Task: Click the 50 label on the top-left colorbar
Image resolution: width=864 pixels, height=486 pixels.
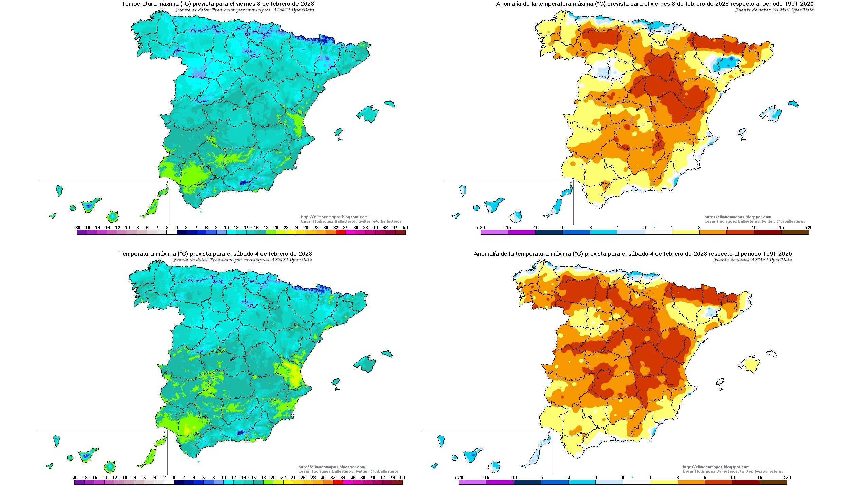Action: (405, 228)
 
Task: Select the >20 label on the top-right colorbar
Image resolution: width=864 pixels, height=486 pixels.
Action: (808, 228)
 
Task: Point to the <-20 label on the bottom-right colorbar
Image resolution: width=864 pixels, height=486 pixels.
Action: (459, 478)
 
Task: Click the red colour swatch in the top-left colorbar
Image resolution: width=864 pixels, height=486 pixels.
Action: (341, 233)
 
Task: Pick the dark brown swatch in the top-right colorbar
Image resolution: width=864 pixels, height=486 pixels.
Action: (795, 233)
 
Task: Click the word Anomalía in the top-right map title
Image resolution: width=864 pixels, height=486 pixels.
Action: (508, 4)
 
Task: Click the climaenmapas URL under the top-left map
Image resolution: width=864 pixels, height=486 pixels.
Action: (334, 217)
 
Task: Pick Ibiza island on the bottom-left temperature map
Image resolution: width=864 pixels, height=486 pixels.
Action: (336, 382)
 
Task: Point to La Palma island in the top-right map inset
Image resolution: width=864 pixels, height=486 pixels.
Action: (463, 190)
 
